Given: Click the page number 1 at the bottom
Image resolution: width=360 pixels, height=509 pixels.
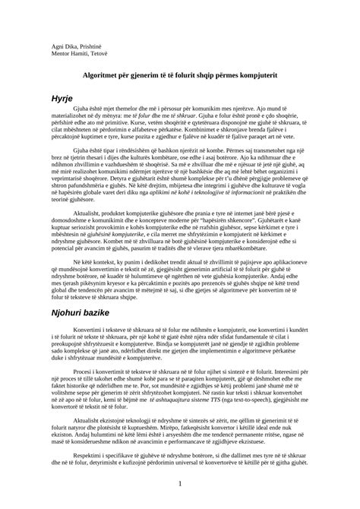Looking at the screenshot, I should [180, 483].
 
